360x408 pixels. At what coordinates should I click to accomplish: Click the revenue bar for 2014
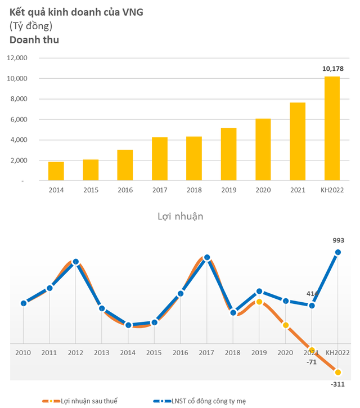56,171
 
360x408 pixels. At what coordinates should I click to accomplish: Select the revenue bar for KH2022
332,128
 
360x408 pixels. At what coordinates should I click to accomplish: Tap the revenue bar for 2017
159,159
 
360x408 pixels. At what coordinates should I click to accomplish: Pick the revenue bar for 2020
263,150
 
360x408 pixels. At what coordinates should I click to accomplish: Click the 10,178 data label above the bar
332,68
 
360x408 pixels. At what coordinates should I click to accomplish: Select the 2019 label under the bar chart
228,190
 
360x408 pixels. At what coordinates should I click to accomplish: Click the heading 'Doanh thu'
34,39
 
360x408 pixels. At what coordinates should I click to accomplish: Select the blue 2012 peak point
75,262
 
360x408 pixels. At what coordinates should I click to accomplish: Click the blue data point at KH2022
338,253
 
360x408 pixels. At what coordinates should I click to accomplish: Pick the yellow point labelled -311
338,372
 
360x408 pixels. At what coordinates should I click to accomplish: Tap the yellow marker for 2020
286,325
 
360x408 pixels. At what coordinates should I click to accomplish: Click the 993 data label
338,240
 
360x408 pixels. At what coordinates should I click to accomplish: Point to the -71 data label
312,362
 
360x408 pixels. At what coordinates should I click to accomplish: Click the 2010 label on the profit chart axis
23,352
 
